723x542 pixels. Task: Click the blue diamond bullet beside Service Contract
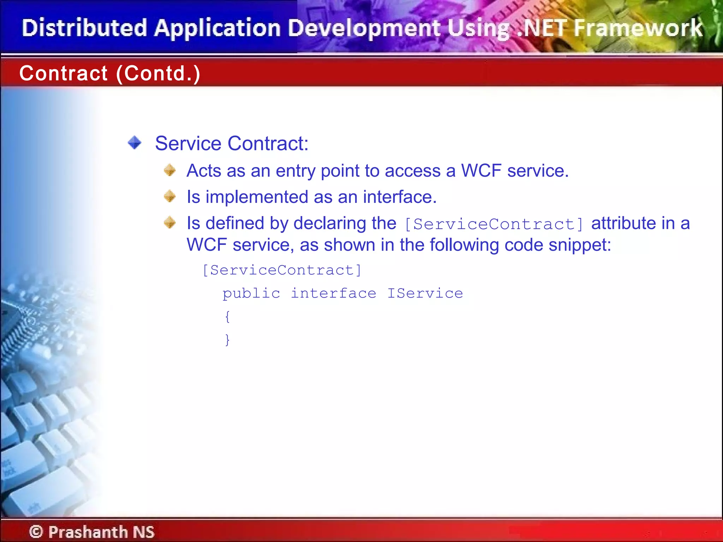tap(135, 143)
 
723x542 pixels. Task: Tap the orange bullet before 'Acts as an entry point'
tap(170, 170)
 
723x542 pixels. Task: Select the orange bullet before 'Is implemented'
tap(170, 196)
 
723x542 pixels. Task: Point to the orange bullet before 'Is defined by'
tap(170, 222)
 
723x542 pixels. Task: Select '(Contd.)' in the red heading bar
tap(158, 73)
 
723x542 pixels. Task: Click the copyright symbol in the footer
tap(36, 532)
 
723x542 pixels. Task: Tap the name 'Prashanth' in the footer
tap(88, 532)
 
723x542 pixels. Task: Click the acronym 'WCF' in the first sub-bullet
tap(481, 171)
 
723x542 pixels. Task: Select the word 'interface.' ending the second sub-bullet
tap(400, 197)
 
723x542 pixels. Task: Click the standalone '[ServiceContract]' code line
tap(282, 270)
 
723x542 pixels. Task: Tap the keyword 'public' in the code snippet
tap(251, 294)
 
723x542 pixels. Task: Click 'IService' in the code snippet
tap(425, 294)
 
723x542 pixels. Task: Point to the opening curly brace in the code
tap(228, 317)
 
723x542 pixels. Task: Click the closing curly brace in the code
tap(228, 339)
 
